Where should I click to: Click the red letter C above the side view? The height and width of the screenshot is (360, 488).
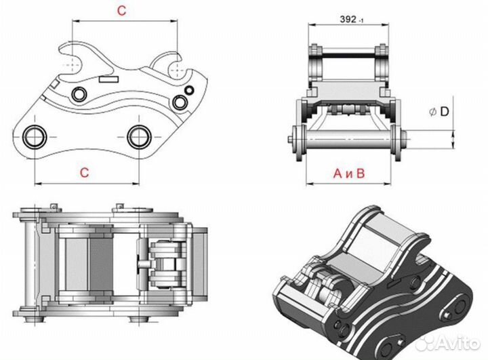coord(121,11)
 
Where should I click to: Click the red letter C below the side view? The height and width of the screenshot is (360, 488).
coord(85,172)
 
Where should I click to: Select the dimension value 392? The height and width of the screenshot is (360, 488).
coord(348,19)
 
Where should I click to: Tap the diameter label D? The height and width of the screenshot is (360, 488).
coord(445,111)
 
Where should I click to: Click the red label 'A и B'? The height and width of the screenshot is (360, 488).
coord(349,174)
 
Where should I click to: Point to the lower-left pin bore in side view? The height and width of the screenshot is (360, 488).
coord(35,137)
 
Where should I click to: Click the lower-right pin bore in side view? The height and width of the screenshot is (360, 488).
coord(139,137)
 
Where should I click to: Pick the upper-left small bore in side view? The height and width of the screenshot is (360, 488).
coord(79,94)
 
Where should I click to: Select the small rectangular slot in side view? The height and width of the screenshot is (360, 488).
coord(109,79)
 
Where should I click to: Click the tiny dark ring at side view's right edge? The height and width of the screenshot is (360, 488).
coord(189,90)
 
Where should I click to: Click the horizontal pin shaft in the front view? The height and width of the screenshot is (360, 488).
coord(348,140)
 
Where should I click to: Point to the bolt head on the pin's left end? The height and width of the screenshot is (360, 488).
coord(290,140)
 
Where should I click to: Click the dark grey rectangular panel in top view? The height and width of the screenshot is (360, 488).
coord(101,264)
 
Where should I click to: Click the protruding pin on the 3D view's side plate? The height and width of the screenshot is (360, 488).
coord(447,316)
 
